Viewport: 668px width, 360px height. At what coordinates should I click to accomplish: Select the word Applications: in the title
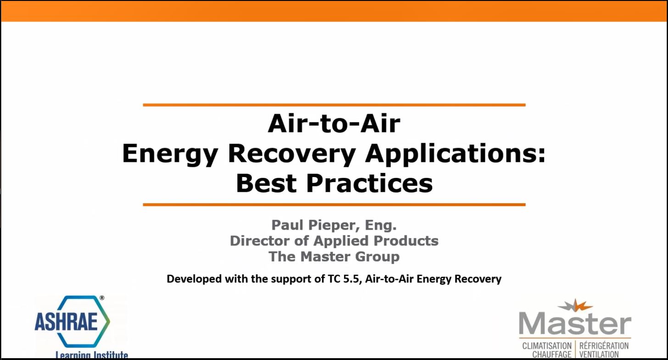pyautogui.click(x=455, y=154)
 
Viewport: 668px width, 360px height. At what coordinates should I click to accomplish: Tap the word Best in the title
pyautogui.click(x=266, y=183)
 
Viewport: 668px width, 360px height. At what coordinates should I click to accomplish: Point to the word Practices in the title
pyautogui.click(x=369, y=183)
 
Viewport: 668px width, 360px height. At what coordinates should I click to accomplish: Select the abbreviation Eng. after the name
pyautogui.click(x=381, y=225)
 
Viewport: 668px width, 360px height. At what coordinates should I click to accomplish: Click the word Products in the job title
pyautogui.click(x=406, y=241)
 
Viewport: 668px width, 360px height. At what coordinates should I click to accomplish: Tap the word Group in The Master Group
pyautogui.click(x=377, y=257)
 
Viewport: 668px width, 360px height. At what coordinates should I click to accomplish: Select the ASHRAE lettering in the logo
pyautogui.click(x=66, y=321)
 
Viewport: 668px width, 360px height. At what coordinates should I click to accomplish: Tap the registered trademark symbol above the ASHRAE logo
pyautogui.click(x=102, y=298)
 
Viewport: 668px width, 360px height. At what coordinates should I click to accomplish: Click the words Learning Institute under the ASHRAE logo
pyautogui.click(x=92, y=354)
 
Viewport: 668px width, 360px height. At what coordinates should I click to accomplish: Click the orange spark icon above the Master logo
pyautogui.click(x=575, y=306)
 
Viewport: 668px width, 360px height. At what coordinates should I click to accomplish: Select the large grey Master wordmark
pyautogui.click(x=575, y=324)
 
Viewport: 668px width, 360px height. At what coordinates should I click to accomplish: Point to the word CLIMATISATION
pyautogui.click(x=546, y=346)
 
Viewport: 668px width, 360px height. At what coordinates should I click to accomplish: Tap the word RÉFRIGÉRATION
pyautogui.click(x=604, y=345)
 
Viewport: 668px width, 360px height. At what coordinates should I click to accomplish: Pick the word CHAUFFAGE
pyautogui.click(x=551, y=354)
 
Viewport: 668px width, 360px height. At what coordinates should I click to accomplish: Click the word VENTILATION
pyautogui.click(x=599, y=354)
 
